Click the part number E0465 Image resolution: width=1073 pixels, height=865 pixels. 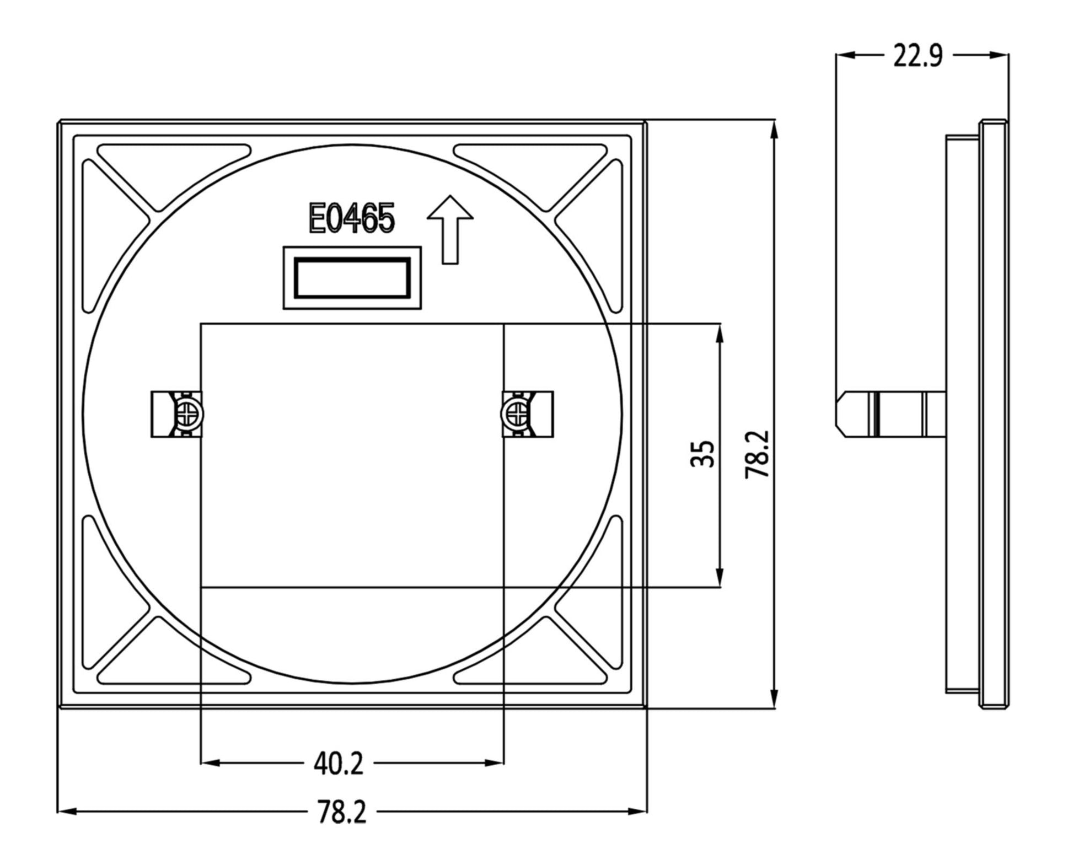pyautogui.click(x=351, y=219)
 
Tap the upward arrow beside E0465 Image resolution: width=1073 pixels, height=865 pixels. pyautogui.click(x=450, y=229)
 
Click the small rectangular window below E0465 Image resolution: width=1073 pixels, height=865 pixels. pyautogui.click(x=352, y=278)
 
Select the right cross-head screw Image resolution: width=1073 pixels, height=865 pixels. pyautogui.click(x=514, y=413)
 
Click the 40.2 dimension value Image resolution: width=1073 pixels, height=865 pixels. pyautogui.click(x=338, y=764)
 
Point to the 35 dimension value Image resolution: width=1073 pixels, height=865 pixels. pyautogui.click(x=702, y=454)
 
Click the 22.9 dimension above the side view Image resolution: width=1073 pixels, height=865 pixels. pyautogui.click(x=918, y=56)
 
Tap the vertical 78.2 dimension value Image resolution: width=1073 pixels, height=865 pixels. pyautogui.click(x=758, y=454)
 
